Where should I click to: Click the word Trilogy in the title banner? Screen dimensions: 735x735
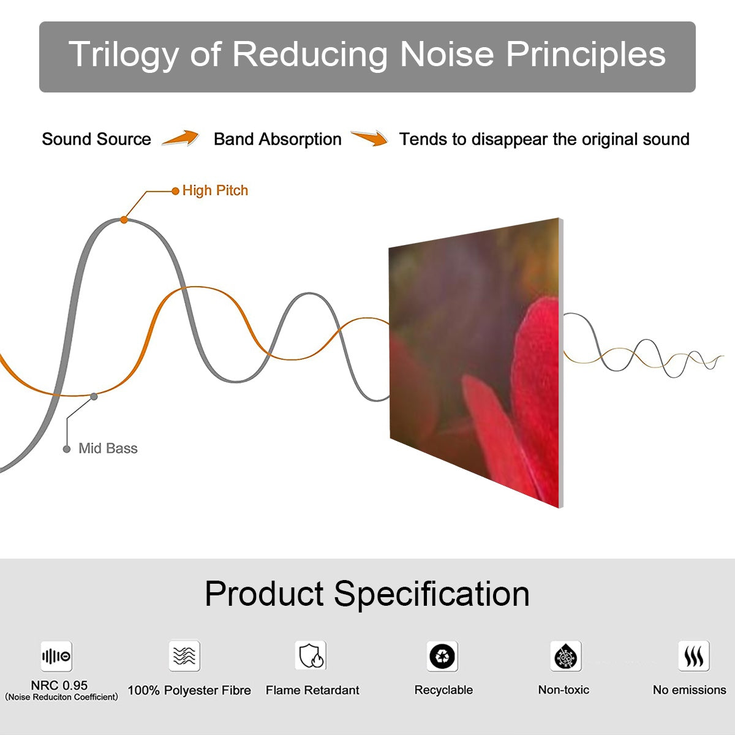(x=124, y=55)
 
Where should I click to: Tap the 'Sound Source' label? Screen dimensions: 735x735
(x=97, y=139)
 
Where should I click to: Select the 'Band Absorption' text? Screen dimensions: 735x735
(x=277, y=140)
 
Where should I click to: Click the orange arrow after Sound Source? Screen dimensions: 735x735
(x=181, y=138)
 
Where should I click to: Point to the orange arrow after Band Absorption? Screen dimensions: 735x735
(x=369, y=138)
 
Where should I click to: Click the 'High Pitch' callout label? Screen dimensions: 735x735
(x=215, y=190)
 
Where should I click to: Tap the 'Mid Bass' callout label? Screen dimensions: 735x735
(x=108, y=448)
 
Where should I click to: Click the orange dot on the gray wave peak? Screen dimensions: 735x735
(x=124, y=220)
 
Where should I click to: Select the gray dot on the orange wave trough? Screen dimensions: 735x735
(x=94, y=397)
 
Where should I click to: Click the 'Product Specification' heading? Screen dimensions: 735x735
(x=367, y=594)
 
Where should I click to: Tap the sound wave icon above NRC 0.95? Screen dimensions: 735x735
(x=56, y=656)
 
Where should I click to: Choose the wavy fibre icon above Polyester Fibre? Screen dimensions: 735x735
(x=184, y=655)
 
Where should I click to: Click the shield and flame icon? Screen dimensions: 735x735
(x=311, y=655)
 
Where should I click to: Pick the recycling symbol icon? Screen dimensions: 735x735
(x=442, y=656)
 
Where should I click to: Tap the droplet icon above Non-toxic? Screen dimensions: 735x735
(x=566, y=656)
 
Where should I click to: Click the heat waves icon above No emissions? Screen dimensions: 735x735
(x=694, y=655)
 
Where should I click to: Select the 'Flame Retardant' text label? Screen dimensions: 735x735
(x=312, y=690)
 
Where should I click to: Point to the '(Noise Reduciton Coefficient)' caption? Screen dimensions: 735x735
(x=61, y=697)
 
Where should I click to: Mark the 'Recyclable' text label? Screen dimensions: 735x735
(x=443, y=690)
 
